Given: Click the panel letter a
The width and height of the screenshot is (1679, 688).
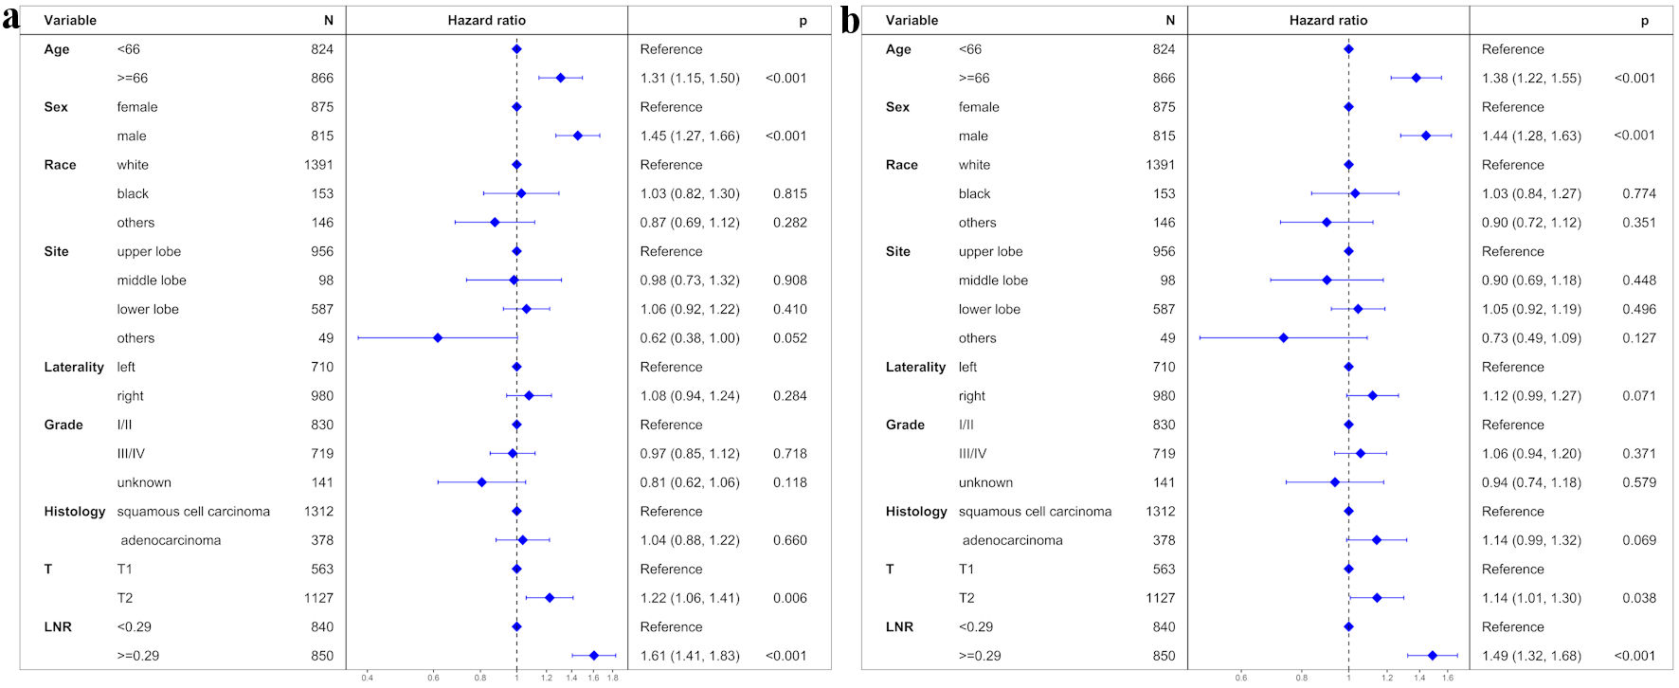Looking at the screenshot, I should click(x=10, y=19).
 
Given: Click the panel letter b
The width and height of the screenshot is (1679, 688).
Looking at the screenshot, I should click(x=851, y=20).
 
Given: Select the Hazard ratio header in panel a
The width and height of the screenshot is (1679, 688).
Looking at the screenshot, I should click(x=486, y=20).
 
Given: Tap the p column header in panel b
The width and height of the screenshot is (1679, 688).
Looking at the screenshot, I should click(x=1644, y=20).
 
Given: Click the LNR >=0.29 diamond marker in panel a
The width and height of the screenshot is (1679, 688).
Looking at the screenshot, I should click(x=594, y=655).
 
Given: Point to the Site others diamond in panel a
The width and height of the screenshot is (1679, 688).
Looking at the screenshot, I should click(x=438, y=337).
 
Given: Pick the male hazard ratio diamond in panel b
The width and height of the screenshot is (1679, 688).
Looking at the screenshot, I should click(x=1426, y=136).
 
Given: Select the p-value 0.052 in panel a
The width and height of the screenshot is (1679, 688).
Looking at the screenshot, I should click(x=789, y=337).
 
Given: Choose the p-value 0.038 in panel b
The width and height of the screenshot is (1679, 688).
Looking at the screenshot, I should click(x=1638, y=597).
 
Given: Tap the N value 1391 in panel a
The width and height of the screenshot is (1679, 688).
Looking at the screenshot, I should click(x=318, y=164).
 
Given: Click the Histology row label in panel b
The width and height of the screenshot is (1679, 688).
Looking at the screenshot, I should click(x=916, y=511).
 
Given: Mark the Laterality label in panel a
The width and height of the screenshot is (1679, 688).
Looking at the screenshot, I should click(x=74, y=367).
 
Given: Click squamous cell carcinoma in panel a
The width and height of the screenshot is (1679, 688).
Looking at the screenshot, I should click(x=193, y=511).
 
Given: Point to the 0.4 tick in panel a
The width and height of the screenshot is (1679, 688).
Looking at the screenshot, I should click(x=367, y=678).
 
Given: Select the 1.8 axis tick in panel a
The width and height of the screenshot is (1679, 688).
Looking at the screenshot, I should click(x=612, y=678).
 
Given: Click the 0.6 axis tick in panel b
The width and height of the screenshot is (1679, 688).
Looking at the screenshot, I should click(x=1240, y=678).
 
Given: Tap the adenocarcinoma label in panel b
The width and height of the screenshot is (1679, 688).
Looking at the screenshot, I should click(x=1012, y=540).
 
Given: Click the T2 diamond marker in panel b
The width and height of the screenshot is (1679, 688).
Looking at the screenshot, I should click(x=1377, y=597).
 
